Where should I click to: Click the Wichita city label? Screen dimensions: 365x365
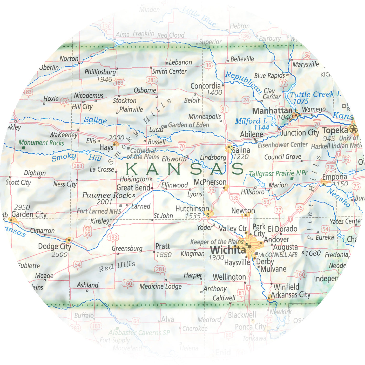point(228,250)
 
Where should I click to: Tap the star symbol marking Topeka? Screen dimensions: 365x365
point(353,129)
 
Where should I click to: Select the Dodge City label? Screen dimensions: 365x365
point(55,246)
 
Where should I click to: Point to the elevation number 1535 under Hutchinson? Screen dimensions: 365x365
point(193,216)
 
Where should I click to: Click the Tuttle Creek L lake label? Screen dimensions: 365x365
point(315,94)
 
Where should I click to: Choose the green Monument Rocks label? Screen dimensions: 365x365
point(41,143)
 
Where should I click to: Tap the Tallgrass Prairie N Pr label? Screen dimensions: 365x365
point(278,173)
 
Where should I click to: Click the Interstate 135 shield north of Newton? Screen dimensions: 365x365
point(234,198)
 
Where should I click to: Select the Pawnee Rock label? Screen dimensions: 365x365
point(106,195)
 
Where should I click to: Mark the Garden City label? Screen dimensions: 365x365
point(29,215)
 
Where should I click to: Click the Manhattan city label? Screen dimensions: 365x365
point(272,111)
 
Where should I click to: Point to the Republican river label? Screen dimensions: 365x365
point(243,82)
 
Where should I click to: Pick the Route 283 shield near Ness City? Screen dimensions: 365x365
point(78,166)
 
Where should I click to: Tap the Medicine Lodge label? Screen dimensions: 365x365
point(160,286)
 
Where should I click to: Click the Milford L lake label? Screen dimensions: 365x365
point(251,121)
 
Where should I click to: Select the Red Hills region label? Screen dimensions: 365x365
point(117,266)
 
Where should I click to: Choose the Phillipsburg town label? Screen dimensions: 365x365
point(100,72)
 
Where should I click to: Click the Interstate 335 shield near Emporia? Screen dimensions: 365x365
point(330,167)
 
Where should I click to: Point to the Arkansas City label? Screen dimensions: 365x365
point(290,295)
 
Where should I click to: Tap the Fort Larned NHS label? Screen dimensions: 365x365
point(99,211)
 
